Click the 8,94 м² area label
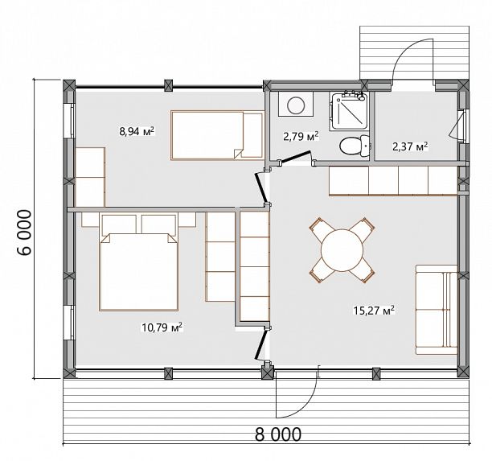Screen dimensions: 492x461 pyautogui.click(x=137, y=131)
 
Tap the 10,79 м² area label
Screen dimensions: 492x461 pyautogui.click(x=162, y=328)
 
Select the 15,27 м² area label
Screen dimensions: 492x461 pyautogui.click(x=374, y=311)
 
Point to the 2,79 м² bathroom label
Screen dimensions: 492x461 pyautogui.click(x=301, y=136)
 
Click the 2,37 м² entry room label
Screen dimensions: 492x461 pyautogui.click(x=410, y=146)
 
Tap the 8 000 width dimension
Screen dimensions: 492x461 pyautogui.click(x=278, y=434)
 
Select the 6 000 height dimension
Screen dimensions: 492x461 pyautogui.click(x=24, y=233)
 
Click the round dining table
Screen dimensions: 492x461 pyautogui.click(x=342, y=250)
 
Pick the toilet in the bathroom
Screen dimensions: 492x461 pyautogui.click(x=355, y=146)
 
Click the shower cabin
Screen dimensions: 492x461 pyautogui.click(x=348, y=111)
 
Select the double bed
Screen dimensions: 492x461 pyautogui.click(x=139, y=262)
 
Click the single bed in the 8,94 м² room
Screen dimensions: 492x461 pyautogui.click(x=217, y=135)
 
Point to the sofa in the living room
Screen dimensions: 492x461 pyautogui.click(x=437, y=310)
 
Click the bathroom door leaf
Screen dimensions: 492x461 pyautogui.click(x=295, y=157)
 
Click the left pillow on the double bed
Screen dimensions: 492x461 pyautogui.click(x=119, y=224)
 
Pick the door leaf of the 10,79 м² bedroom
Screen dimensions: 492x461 pyautogui.click(x=261, y=344)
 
